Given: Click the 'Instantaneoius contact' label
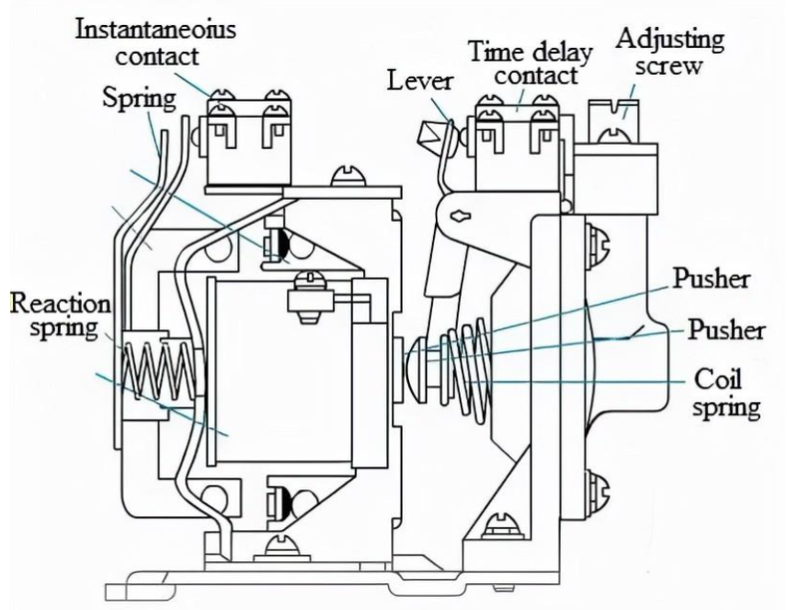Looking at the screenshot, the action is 157,43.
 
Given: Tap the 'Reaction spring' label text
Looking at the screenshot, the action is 60,315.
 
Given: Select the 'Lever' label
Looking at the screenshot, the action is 420,81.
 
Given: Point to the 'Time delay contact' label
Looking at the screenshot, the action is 531,63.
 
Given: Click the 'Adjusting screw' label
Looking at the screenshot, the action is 670,52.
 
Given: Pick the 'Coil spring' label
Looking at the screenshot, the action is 725,393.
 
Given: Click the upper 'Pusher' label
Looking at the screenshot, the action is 711,279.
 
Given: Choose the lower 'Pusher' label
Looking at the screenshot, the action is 726,329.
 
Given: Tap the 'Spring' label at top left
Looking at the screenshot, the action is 139,98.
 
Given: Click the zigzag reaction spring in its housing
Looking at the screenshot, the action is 159,370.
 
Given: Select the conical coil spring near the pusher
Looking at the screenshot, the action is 466,365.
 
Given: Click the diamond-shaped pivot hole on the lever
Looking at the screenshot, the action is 460,216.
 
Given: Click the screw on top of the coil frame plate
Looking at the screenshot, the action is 348,176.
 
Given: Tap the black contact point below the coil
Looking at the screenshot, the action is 286,501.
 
